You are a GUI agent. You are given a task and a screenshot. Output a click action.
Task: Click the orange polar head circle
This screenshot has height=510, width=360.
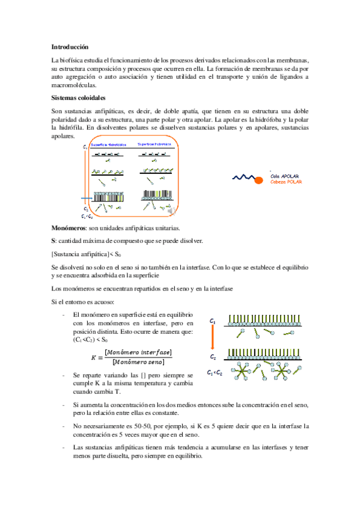point(258,177)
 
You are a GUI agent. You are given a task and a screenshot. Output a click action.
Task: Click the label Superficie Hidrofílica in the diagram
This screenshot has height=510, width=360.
point(154,145)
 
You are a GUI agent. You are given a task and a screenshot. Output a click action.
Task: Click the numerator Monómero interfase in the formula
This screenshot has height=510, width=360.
point(138,351)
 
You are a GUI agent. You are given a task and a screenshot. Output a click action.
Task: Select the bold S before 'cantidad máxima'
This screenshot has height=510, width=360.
point(54,241)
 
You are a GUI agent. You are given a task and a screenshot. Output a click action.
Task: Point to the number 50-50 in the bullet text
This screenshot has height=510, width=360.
point(129,426)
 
